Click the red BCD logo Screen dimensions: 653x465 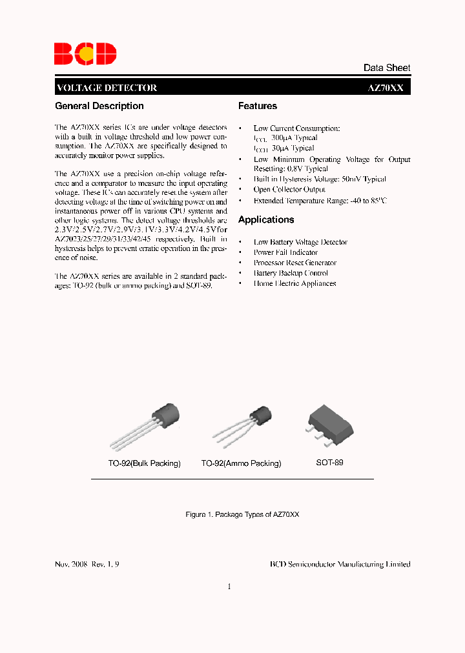tap(85, 53)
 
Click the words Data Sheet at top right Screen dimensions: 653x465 tap(386, 68)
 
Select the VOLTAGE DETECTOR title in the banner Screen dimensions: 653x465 tap(107, 88)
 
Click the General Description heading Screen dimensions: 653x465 tap(99, 106)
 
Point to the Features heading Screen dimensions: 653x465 tap(258, 106)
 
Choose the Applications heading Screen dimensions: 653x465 tap(266, 219)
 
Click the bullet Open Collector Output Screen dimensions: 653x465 tap(289, 190)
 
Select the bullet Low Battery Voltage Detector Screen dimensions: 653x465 tap(300, 242)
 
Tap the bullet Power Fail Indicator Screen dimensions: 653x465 tap(285, 252)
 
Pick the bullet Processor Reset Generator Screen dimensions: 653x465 tap(295, 263)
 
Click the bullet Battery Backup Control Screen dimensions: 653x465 tap(291, 273)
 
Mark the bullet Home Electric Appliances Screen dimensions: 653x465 tap(294, 283)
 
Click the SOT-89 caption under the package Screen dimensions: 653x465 tap(329, 463)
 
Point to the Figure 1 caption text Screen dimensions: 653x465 tap(242, 515)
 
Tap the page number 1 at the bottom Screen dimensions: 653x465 tap(229, 587)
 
